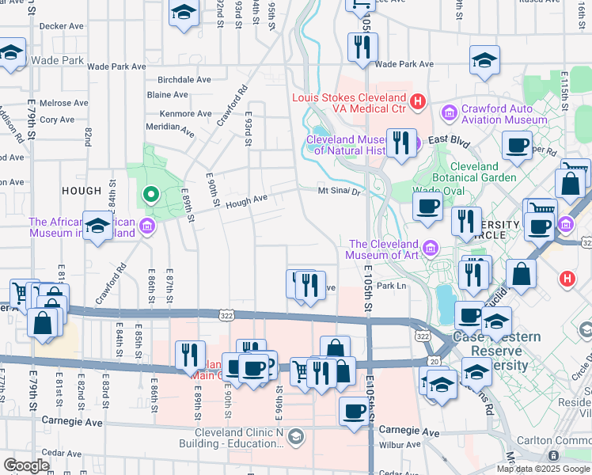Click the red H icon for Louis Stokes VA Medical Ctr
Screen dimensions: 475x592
click(419, 102)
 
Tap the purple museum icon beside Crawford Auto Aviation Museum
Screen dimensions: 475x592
click(450, 114)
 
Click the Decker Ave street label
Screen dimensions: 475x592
click(62, 26)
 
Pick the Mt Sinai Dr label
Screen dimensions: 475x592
click(339, 191)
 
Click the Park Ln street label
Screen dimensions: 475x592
click(391, 286)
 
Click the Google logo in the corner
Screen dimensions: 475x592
click(27, 465)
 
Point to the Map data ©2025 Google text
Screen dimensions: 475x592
click(543, 469)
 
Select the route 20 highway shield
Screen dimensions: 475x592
click(436, 362)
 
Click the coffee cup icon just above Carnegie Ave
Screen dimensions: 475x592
click(354, 411)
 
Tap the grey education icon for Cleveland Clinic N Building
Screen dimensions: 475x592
click(295, 436)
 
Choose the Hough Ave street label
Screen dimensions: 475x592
click(246, 203)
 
